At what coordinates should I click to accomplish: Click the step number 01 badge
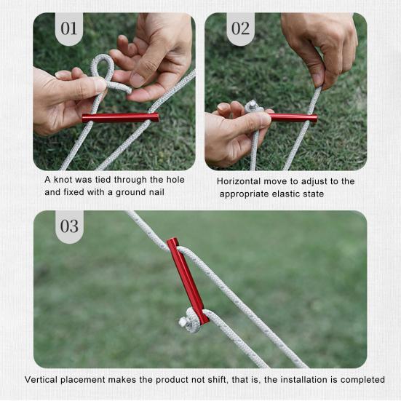(69, 29)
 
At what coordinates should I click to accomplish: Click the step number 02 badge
(240, 29)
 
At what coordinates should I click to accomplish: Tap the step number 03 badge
(69, 226)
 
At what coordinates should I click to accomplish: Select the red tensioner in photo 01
(120, 117)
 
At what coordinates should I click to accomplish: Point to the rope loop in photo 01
(101, 70)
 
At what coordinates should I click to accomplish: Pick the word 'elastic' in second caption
(293, 194)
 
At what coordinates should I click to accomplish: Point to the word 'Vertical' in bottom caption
(43, 380)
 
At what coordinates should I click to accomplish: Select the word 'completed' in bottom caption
(361, 380)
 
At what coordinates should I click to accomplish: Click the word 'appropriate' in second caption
(247, 194)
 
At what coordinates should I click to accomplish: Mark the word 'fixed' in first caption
(75, 193)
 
